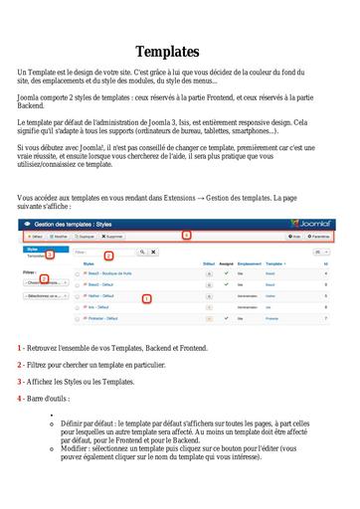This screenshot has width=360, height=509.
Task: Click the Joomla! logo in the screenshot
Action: coord(312,224)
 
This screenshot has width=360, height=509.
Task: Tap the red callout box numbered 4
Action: coord(185,237)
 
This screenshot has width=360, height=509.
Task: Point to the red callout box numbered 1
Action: coord(147,297)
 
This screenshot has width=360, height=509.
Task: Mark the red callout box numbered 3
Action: coord(51,255)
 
